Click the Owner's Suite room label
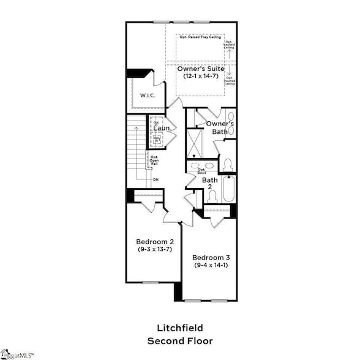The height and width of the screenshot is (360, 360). [200, 69]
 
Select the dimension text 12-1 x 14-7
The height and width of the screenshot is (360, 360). [200, 77]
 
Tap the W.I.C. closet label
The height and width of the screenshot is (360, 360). [147, 95]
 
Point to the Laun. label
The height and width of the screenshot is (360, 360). [161, 128]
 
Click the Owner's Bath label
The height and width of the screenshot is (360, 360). [220, 127]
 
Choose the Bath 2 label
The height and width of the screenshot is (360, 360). [209, 184]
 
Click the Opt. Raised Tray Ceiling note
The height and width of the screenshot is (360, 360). [200, 37]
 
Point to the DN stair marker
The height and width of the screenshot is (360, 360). [156, 179]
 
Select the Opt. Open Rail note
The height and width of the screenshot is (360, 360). [155, 160]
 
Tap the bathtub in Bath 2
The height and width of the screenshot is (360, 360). [228, 189]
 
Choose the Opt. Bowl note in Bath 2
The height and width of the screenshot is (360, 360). [201, 171]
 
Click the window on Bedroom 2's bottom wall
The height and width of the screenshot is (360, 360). [151, 282]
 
